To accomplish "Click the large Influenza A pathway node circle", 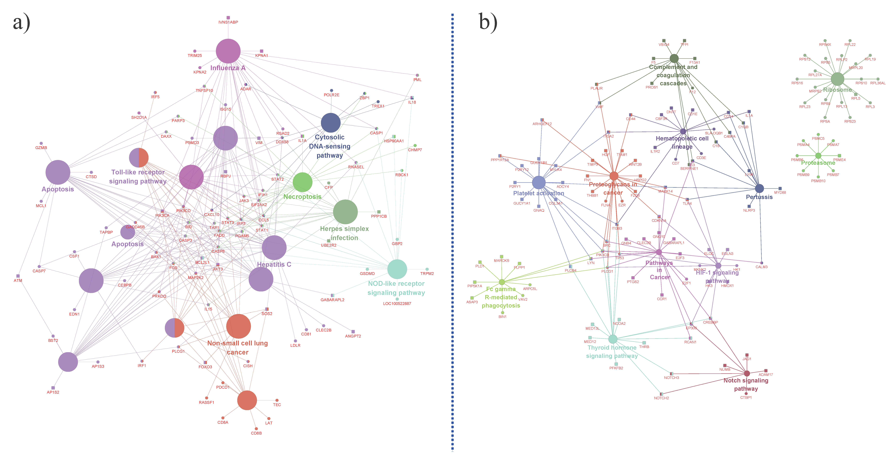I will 228,51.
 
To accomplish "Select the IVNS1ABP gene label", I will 228,22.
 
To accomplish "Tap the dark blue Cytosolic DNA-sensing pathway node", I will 331,123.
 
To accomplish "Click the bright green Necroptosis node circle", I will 302,182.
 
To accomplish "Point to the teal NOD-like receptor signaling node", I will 397,269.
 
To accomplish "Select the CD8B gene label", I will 256,433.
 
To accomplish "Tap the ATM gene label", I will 18,281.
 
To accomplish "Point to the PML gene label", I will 417,80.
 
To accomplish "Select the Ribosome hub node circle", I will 837,79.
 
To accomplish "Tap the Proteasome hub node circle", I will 818,156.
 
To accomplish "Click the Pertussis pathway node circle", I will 759,188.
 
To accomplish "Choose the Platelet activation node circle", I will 539,182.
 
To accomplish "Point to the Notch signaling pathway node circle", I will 747,373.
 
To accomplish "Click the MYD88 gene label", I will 780,192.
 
